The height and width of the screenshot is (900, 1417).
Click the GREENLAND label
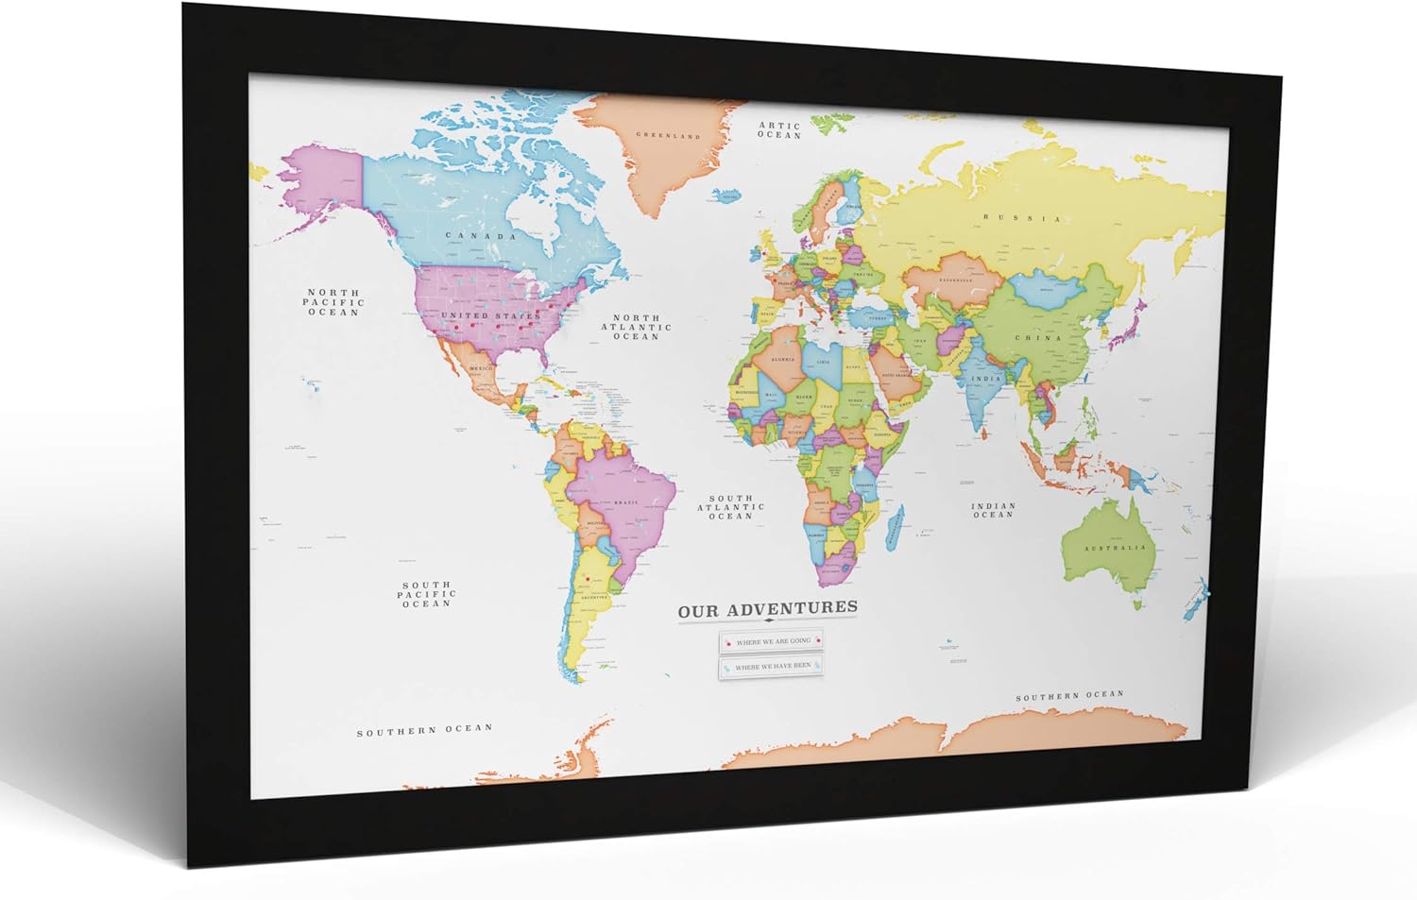[x=668, y=136]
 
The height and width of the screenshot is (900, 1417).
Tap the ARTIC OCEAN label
[x=779, y=130]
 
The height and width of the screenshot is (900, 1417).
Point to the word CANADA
[x=481, y=236]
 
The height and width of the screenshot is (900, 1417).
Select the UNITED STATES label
[x=490, y=315]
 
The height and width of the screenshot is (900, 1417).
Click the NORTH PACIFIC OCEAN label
[x=333, y=302]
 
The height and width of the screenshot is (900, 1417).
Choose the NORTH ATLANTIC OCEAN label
[x=637, y=327]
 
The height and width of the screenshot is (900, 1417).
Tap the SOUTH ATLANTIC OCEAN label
[x=731, y=507]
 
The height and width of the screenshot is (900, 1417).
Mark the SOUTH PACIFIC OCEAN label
[x=426, y=594]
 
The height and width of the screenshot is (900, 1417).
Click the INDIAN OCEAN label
[x=993, y=510]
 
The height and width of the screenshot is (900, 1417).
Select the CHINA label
[x=1038, y=337]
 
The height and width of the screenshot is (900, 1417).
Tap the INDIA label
[x=987, y=378]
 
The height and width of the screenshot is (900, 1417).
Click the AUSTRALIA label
[x=1115, y=548]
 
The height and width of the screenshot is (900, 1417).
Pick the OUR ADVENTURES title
[x=768, y=609]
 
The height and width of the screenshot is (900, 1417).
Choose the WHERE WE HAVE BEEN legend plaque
[x=772, y=667]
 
